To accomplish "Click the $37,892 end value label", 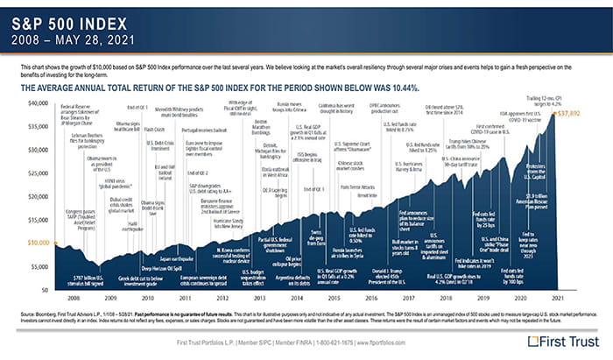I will click(569, 114).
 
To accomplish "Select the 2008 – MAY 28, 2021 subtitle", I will click(75, 39).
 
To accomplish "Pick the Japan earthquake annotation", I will click(175, 258).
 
